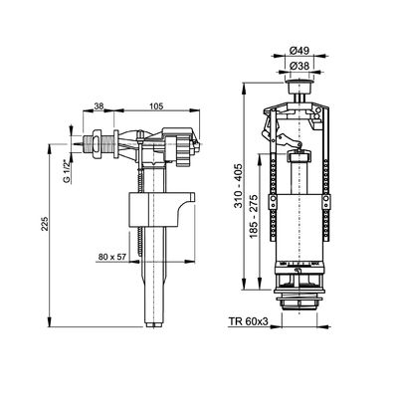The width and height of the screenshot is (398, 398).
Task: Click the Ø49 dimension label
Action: [x=299, y=51]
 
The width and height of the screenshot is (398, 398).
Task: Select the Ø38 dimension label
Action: [x=299, y=67]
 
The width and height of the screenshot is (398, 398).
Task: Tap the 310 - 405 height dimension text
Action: [x=239, y=186]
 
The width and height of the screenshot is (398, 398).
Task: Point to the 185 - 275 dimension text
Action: [x=254, y=217]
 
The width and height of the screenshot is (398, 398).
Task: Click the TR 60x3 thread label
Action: [x=248, y=321]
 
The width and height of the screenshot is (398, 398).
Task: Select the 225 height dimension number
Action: [x=45, y=224]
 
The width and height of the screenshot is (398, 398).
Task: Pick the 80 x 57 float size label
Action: [x=111, y=257]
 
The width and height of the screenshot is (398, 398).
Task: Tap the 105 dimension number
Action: [x=156, y=106]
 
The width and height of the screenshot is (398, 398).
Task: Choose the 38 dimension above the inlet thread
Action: [x=99, y=106]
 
